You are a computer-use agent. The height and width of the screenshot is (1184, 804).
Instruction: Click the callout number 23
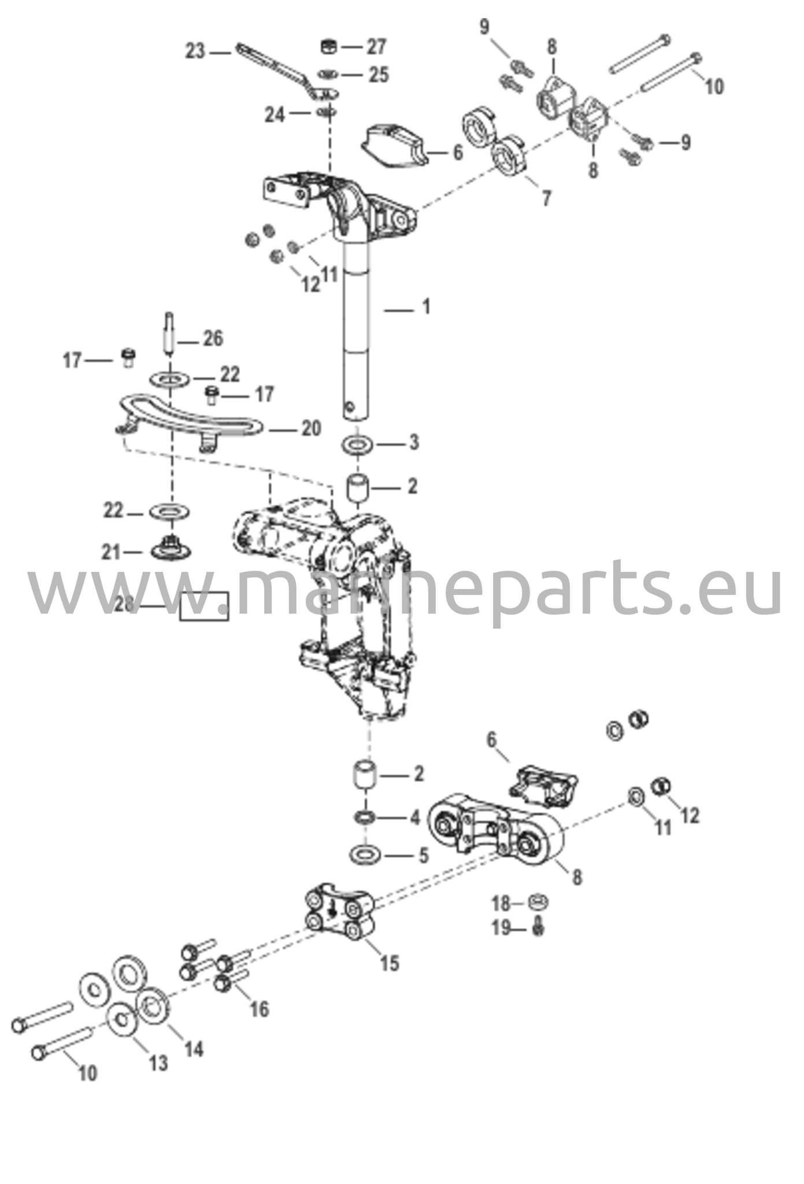coord(195,51)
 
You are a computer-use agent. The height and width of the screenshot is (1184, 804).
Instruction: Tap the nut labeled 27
coord(328,46)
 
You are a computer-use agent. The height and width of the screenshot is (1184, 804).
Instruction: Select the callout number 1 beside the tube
coord(426,306)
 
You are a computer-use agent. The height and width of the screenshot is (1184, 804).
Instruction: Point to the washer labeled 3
coord(359,445)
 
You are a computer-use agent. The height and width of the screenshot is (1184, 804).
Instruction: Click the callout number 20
coord(311,428)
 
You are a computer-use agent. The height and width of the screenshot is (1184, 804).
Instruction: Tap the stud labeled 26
coord(169,335)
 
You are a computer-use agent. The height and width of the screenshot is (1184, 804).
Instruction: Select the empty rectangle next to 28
coord(204,607)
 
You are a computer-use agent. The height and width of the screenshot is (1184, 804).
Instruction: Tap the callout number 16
coord(260,1009)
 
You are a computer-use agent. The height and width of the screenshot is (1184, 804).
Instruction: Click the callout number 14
coord(194,1048)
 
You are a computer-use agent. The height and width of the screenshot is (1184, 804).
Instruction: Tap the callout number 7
coord(546,198)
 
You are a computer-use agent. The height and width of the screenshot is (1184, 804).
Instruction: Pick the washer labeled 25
coord(328,75)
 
